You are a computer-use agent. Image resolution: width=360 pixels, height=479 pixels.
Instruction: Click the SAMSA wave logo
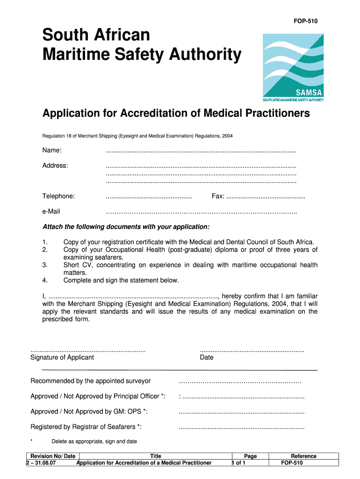(293, 64)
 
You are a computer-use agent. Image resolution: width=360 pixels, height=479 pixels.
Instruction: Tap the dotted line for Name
(201, 151)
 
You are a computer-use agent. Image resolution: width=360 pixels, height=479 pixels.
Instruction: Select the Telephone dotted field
(149, 197)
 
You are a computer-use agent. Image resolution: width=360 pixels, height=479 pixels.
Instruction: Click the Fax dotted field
(265, 197)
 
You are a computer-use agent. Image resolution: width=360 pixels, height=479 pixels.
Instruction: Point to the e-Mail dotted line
(201, 213)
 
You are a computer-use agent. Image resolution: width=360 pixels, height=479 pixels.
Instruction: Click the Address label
(55, 166)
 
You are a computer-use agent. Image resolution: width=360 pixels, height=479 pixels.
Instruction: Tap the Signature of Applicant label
(62, 357)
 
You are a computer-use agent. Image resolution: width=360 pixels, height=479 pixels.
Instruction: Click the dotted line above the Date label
(252, 350)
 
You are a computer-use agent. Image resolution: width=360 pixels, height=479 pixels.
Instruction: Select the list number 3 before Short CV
(45, 265)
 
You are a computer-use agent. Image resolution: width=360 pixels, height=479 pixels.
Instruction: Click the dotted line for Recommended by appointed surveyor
(240, 382)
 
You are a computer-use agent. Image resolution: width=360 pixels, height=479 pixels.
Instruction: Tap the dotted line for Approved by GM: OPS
(242, 413)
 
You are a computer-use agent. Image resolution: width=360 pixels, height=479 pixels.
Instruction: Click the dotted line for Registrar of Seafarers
(242, 428)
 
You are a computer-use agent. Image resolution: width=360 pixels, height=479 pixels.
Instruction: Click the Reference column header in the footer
(303, 456)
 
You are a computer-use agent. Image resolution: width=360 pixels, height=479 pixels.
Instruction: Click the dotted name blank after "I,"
(133, 297)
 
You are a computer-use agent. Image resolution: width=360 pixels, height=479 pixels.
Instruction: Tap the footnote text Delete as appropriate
(94, 441)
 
